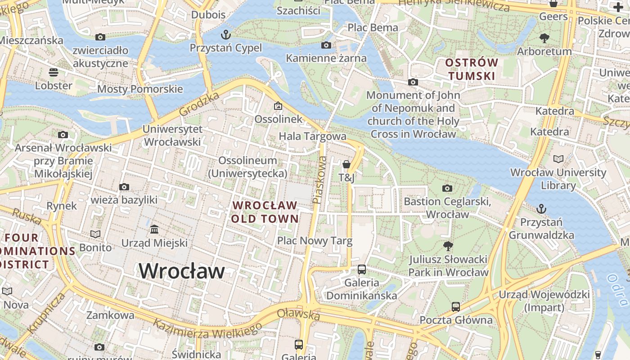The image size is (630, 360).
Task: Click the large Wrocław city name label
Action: (x=181, y=271)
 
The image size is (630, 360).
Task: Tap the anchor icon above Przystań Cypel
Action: (x=225, y=35)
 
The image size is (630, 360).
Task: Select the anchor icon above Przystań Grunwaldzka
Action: (x=541, y=209)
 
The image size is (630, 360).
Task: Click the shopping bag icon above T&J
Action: (x=346, y=164)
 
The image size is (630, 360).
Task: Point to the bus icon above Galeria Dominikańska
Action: (x=361, y=270)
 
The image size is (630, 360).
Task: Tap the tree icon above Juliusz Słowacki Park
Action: (x=448, y=246)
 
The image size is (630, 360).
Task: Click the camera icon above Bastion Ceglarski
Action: (x=447, y=188)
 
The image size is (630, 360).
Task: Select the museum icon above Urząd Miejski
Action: (x=154, y=229)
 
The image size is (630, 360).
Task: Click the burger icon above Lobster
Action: (x=54, y=72)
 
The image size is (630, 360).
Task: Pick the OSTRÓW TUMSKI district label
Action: (x=472, y=69)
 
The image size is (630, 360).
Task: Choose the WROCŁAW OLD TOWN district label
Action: (x=265, y=212)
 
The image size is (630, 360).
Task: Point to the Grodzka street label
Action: (x=199, y=104)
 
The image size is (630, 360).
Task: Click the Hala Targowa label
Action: (x=312, y=136)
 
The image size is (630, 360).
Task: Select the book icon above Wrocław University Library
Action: (x=558, y=159)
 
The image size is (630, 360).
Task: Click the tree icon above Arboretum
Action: (x=544, y=38)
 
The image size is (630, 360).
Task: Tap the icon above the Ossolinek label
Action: (x=278, y=106)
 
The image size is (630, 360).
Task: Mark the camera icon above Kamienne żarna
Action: (x=326, y=45)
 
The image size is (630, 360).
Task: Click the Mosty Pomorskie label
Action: (x=140, y=89)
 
